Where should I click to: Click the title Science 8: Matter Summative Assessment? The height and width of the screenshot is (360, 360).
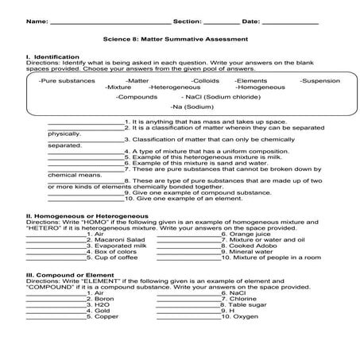pos(180,38)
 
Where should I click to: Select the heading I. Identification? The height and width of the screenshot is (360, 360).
pos(52,57)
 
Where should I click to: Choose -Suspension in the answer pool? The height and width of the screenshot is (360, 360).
pos(319,80)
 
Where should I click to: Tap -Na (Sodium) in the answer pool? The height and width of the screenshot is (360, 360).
pos(192,106)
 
